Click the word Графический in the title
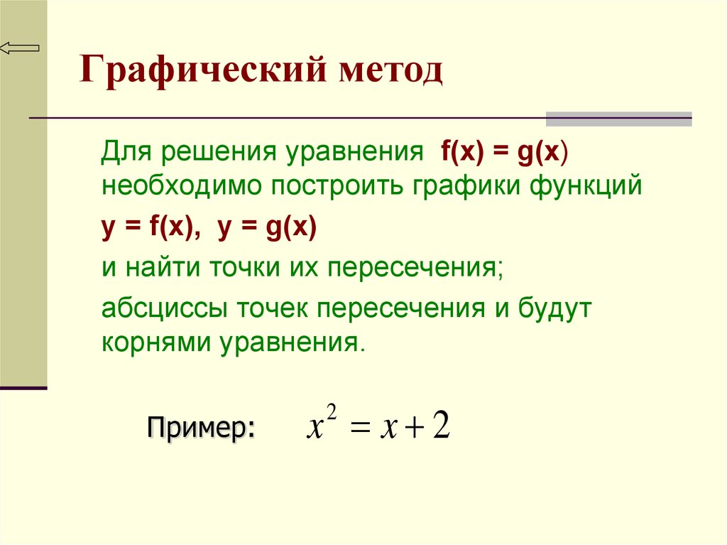[202, 70]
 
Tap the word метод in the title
[391, 70]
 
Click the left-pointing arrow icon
[19, 48]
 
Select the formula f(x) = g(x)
[505, 152]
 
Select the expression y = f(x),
[151, 228]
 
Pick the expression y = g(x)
[267, 228]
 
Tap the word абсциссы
[165, 308]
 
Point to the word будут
[554, 308]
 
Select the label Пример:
[201, 426]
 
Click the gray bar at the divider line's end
[618, 119]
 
